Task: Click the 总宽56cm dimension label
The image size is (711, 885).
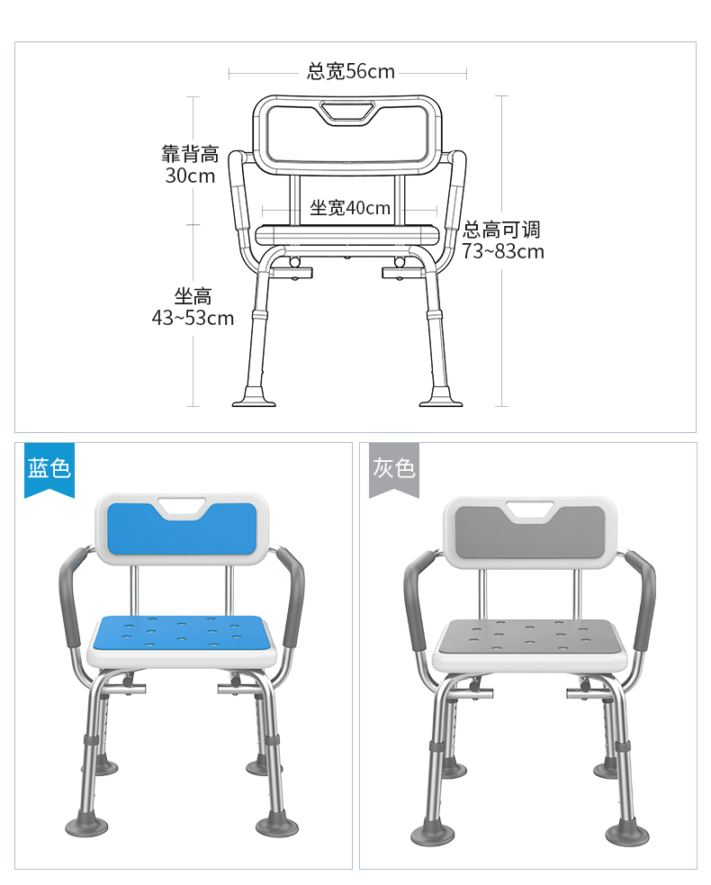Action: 350,72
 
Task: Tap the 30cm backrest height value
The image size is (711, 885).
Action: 190,176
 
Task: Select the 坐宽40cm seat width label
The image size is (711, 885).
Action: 350,208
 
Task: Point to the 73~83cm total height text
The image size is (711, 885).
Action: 503,251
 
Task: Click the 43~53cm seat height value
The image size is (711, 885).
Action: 193,318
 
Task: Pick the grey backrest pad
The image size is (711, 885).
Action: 529,533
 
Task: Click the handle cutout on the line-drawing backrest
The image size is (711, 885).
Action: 347,112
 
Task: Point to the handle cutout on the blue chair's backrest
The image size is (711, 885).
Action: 182,507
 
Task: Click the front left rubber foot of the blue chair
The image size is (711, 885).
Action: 86,826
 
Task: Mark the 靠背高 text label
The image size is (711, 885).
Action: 190,154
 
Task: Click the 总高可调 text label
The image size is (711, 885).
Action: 501,230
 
